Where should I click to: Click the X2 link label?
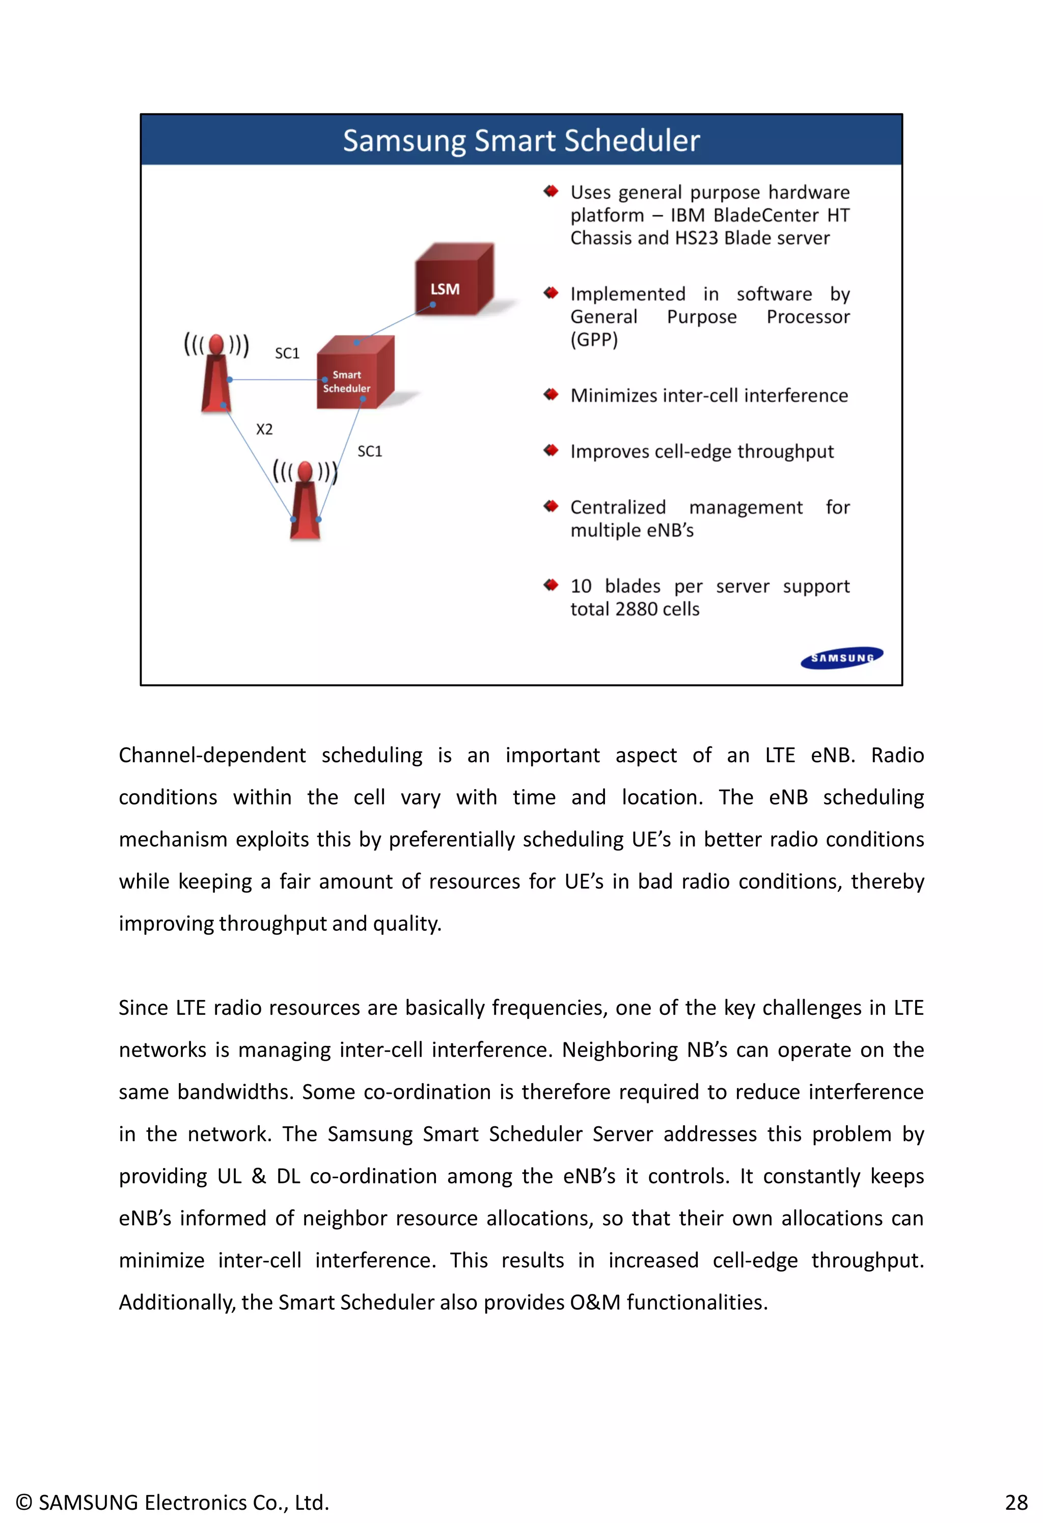[264, 429]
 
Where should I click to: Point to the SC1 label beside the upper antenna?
[287, 353]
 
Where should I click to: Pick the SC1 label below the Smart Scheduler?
[370, 451]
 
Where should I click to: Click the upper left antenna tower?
[216, 377]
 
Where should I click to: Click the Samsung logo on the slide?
[842, 657]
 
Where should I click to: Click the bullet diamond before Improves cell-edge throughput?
[551, 450]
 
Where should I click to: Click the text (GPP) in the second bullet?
[594, 340]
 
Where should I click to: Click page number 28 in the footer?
[1016, 1502]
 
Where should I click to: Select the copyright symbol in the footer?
[23, 1502]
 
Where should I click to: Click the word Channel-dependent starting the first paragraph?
[212, 755]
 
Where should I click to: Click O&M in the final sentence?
[595, 1302]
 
